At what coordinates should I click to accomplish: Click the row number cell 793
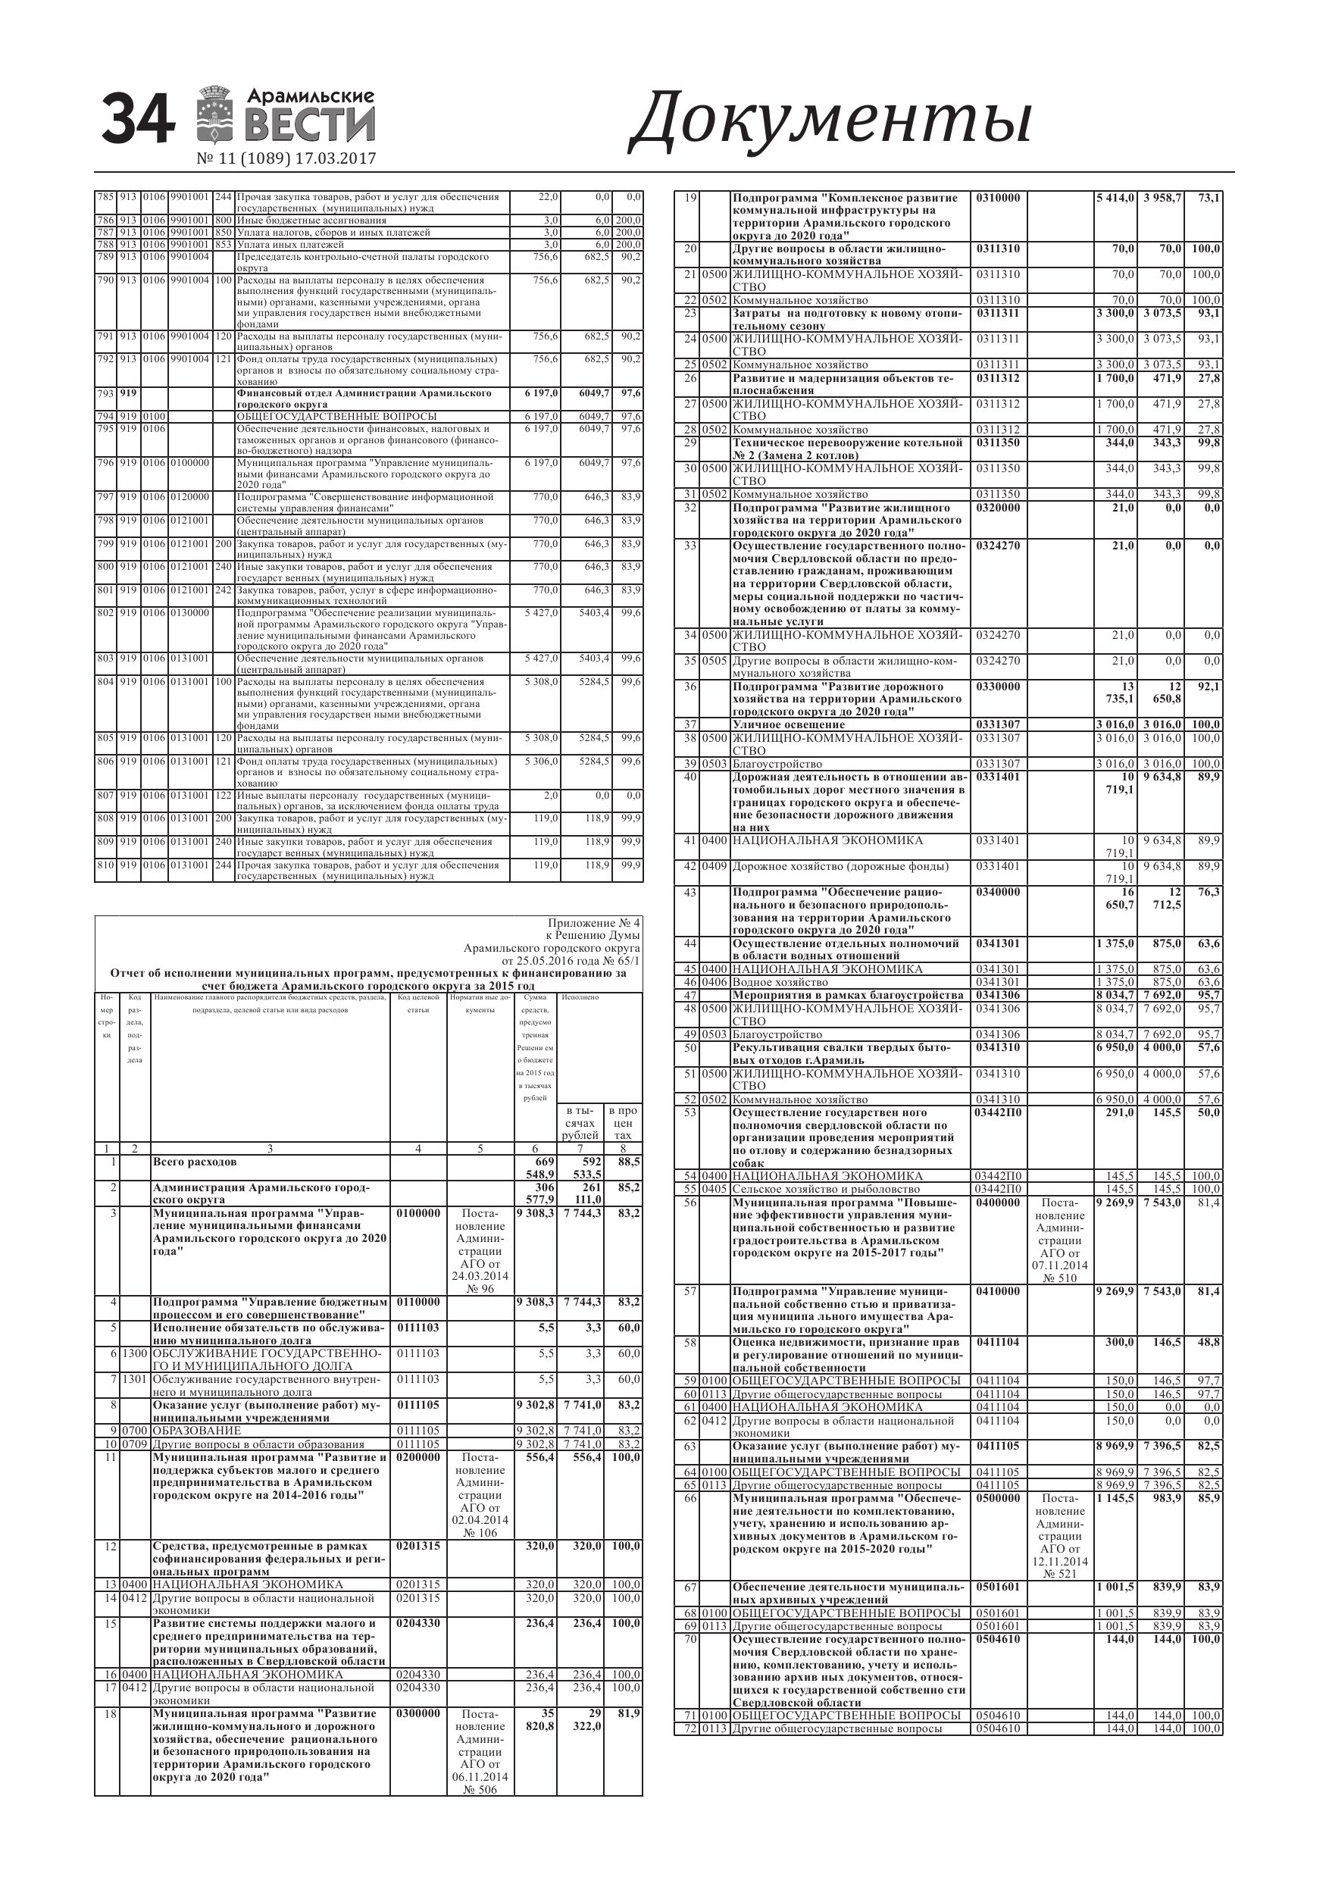coord(105,393)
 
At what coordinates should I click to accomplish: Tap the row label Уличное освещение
coord(789,724)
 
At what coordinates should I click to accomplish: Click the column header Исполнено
coord(580,997)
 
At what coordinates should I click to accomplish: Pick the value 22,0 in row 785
coord(548,197)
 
